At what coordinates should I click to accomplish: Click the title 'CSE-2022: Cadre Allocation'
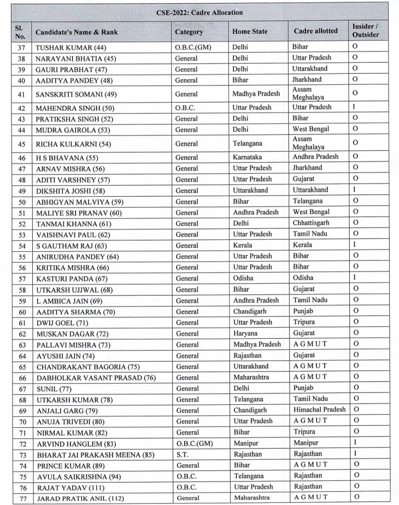point(199,12)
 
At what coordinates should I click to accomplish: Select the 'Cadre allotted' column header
point(315,31)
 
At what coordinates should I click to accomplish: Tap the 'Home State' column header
point(250,32)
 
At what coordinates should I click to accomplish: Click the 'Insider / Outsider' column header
point(365,31)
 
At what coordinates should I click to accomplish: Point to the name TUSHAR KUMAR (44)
point(71,48)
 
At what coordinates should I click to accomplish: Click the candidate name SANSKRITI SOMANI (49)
point(76,94)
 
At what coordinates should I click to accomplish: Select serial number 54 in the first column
point(22,246)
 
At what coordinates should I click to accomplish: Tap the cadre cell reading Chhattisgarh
point(311,223)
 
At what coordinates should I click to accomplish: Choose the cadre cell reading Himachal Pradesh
point(319,409)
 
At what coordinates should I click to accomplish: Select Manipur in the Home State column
point(245,443)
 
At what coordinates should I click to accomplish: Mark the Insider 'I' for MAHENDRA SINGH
point(354,107)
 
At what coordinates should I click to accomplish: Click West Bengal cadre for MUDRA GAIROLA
point(312,129)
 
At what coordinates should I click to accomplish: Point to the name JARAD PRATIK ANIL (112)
point(80,498)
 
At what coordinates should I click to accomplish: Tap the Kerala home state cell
point(242,245)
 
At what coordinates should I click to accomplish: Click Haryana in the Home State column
point(244,333)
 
